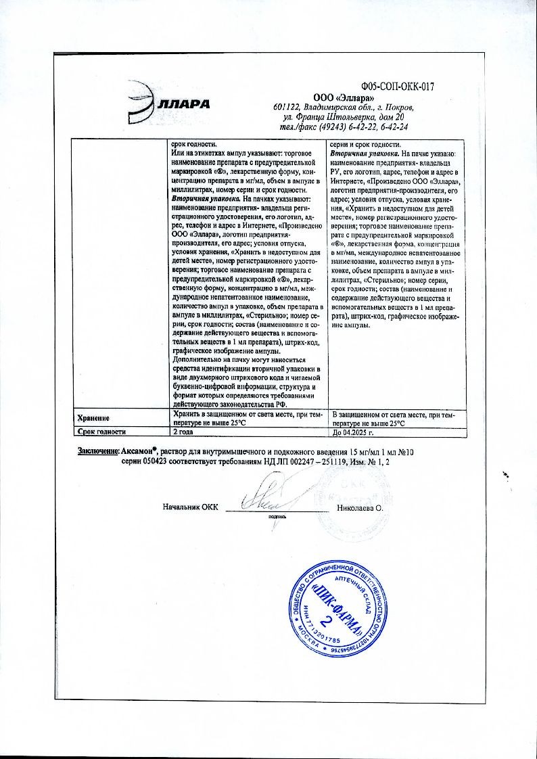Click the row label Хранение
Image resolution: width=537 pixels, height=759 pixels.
pyautogui.click(x=94, y=418)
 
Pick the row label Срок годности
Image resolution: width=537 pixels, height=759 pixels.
pyautogui.click(x=101, y=431)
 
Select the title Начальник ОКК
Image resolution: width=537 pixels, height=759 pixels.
pyautogui.click(x=190, y=506)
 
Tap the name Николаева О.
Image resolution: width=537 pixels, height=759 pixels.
pyautogui.click(x=360, y=506)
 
